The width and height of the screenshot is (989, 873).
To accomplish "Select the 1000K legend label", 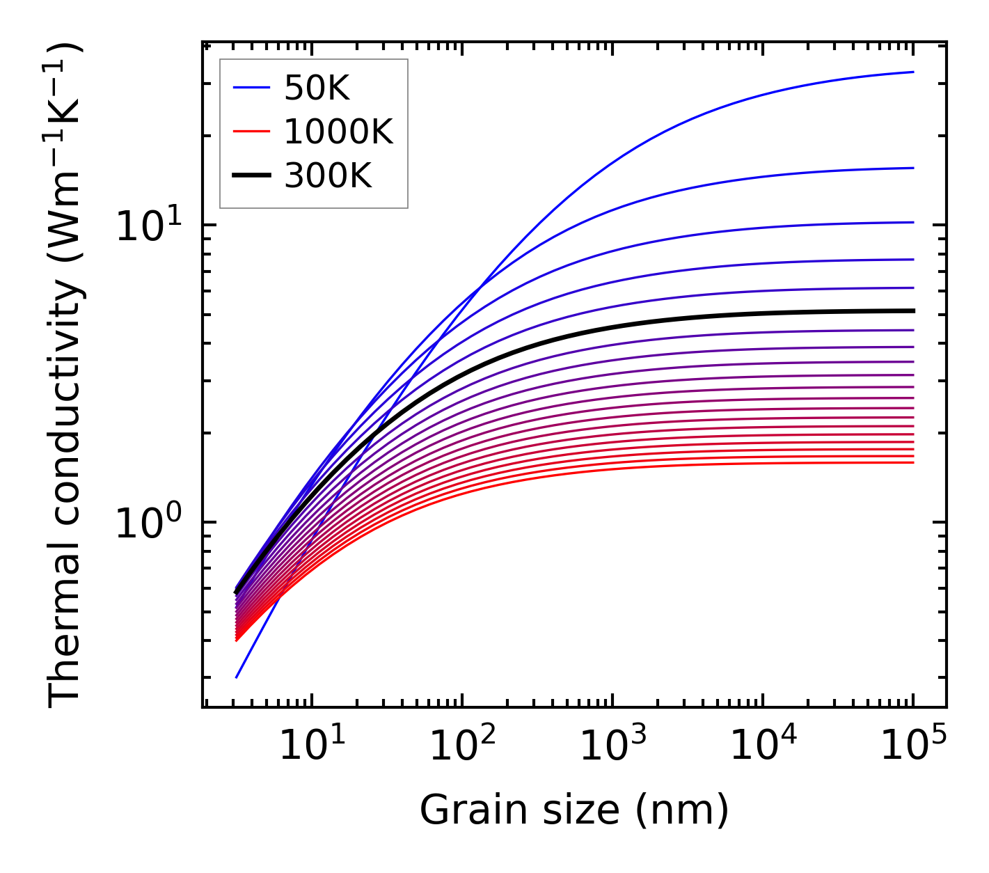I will (338, 132).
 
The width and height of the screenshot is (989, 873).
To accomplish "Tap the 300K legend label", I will (328, 177).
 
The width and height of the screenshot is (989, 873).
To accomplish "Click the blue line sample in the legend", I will (251, 88).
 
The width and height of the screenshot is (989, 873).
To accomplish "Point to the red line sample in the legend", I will (251, 132).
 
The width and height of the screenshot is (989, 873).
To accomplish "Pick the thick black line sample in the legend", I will (251, 176).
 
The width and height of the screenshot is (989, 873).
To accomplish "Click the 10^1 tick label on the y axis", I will (148, 226).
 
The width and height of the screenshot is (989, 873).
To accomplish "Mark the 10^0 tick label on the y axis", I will (148, 524).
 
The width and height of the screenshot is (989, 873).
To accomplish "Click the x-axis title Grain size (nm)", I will (574, 810).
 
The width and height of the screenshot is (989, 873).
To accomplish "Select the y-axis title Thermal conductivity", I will (66, 376).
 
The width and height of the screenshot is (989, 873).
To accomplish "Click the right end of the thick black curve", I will (912, 310).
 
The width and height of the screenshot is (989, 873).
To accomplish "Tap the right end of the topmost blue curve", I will (912, 72).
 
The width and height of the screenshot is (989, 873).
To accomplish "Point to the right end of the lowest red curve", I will (912, 463).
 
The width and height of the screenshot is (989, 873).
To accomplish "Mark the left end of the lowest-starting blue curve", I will (237, 677).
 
